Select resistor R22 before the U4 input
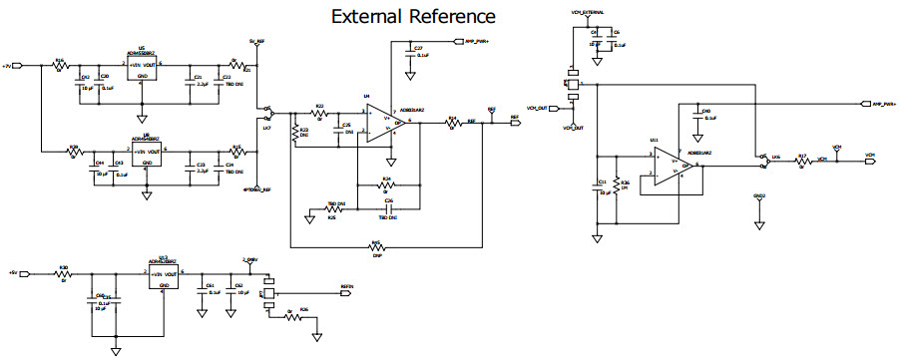(320, 112)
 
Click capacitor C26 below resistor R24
(387, 209)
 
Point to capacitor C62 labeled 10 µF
(230, 293)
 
